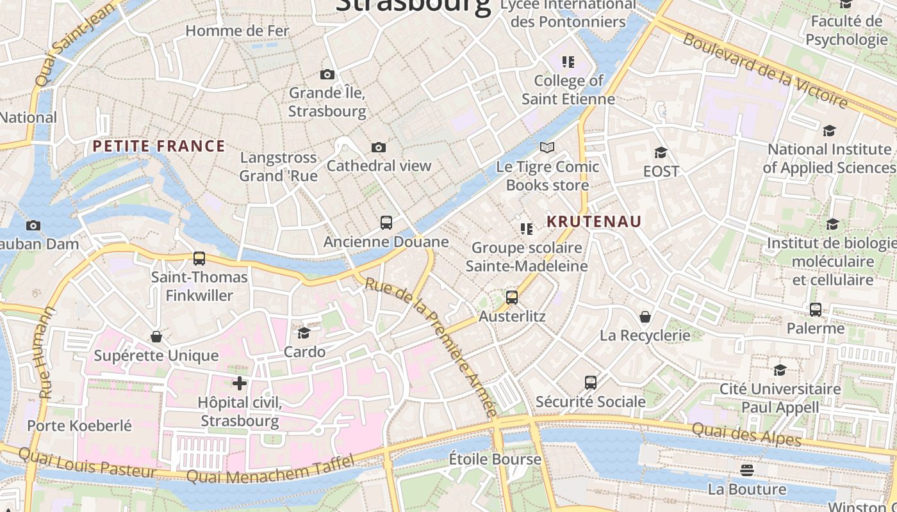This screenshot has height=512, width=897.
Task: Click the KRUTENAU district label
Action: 594,221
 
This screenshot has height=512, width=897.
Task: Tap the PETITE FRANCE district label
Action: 159,146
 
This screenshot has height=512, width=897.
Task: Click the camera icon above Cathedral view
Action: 379,148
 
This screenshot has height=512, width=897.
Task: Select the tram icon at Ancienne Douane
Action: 386,223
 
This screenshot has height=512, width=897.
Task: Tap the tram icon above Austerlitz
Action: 511,298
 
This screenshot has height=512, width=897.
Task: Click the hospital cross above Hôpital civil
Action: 240,383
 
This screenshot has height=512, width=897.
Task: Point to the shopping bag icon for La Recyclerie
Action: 645,317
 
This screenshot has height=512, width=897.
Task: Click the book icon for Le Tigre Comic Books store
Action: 547,148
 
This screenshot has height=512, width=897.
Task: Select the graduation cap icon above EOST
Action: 661,152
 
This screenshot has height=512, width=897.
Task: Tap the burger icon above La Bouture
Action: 746,470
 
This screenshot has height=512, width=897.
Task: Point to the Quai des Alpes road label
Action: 746,436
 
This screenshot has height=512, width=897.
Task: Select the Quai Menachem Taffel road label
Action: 269,470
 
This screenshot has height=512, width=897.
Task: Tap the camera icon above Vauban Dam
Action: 33,225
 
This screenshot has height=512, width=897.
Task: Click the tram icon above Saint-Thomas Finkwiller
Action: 199,259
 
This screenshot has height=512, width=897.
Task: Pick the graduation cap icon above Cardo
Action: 304,333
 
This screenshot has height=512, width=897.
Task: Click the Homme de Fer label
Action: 237,31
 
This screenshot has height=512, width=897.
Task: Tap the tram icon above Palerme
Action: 815,310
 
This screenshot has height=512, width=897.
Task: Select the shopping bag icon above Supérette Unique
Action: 156,337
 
